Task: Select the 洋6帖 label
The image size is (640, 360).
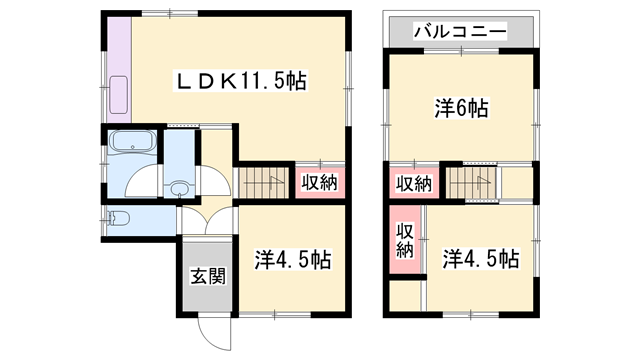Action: click(x=461, y=109)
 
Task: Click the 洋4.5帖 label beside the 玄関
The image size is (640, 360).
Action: click(x=293, y=260)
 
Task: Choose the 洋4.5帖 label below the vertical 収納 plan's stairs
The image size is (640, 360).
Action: click(x=480, y=260)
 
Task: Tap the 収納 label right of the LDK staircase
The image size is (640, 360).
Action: click(x=321, y=183)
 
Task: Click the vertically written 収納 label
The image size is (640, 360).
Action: click(x=404, y=240)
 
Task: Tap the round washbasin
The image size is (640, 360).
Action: click(x=180, y=187)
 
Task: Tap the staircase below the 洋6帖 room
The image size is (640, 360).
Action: click(x=471, y=183)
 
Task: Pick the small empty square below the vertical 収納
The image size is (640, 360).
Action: click(x=404, y=297)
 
